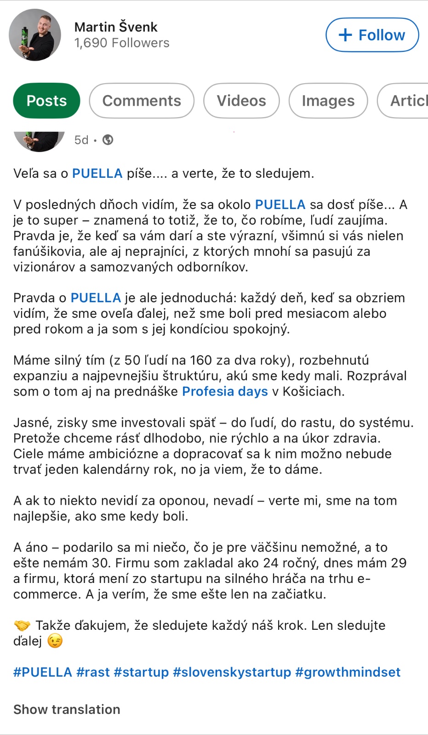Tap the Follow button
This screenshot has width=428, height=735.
372,35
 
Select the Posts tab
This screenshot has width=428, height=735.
46,101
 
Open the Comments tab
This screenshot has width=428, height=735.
142,101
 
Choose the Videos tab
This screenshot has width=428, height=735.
241,101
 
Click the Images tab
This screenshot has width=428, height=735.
328,101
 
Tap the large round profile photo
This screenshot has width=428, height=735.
35,35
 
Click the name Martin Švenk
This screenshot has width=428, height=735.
116,27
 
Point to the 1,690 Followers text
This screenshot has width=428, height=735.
122,43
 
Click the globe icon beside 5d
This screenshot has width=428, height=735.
108,140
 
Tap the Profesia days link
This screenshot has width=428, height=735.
225,391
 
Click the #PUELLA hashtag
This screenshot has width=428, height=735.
42,672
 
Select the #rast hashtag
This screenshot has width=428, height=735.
93,672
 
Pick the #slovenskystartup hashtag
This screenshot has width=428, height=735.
232,672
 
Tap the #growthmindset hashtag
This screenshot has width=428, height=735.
348,672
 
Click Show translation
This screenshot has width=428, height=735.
67,709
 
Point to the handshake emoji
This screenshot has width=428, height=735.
22,626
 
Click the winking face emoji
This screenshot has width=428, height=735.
55,641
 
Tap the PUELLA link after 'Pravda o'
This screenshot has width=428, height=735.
96,298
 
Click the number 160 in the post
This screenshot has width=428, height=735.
201,360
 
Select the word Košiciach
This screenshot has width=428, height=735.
313,391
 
